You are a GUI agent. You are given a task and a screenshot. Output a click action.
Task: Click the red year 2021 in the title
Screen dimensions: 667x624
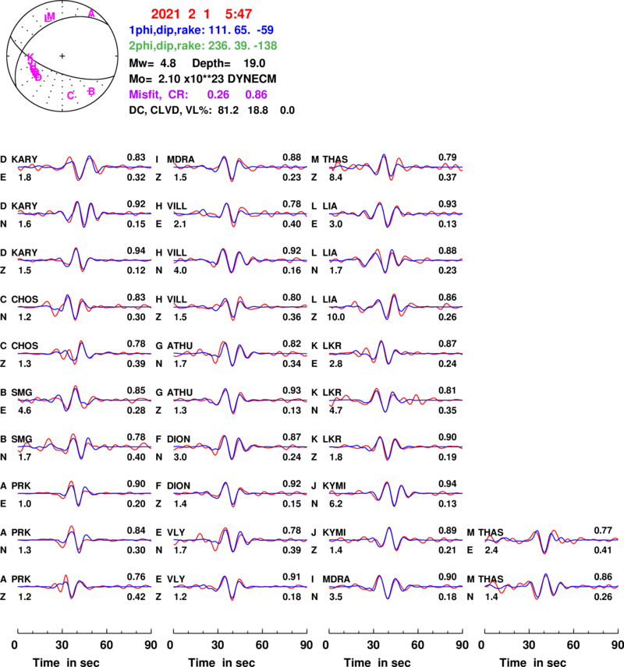click(165, 14)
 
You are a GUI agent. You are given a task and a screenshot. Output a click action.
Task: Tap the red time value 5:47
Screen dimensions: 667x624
click(239, 14)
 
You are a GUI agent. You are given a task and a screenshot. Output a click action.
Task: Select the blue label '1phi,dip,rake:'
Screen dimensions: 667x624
click(166, 30)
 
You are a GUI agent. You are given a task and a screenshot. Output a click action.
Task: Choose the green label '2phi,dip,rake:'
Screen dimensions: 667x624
click(166, 45)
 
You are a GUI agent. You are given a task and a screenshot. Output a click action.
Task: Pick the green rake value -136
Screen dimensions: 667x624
click(264, 45)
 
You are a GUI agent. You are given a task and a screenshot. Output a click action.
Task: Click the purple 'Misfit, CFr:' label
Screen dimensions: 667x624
click(158, 94)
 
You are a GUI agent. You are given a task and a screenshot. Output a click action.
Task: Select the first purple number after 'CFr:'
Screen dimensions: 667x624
click(218, 94)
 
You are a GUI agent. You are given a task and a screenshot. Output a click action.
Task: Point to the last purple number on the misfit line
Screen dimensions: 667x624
click(257, 94)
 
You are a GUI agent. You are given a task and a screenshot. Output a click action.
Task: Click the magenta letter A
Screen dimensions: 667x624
click(91, 13)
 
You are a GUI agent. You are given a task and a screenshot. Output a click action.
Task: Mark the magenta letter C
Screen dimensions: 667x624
click(70, 95)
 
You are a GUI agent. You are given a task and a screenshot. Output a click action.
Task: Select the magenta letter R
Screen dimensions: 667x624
click(91, 91)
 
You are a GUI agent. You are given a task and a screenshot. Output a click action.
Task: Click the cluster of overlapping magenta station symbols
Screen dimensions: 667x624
click(34, 68)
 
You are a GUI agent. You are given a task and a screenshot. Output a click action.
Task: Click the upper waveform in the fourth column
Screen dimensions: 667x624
click(551, 539)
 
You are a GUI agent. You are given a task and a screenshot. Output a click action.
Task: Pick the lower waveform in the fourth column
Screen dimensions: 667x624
click(551, 585)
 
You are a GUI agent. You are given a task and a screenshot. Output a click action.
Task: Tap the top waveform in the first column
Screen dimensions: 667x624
click(84, 167)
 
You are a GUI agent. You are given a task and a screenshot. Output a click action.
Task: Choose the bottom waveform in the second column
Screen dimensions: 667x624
click(240, 586)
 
